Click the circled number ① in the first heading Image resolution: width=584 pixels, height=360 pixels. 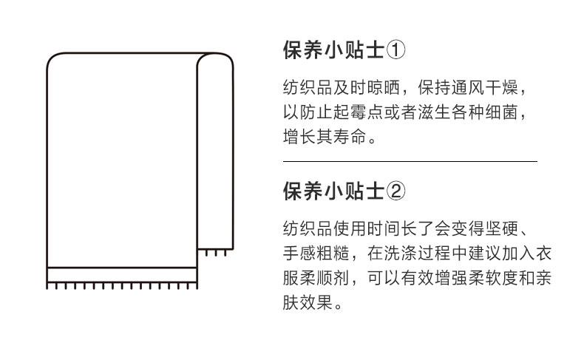[395, 50]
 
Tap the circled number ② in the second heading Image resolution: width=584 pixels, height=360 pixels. [395, 191]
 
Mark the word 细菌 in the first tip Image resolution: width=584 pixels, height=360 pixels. [502, 112]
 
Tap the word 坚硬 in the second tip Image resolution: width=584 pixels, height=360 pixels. [502, 228]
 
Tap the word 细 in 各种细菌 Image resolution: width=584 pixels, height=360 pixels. [494, 112]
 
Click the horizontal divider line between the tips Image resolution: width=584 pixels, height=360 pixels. [410, 162]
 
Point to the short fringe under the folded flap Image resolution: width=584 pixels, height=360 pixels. [216, 253]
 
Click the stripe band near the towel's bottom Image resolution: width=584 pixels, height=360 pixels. [122, 275]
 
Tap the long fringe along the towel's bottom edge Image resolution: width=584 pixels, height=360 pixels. [122, 286]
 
